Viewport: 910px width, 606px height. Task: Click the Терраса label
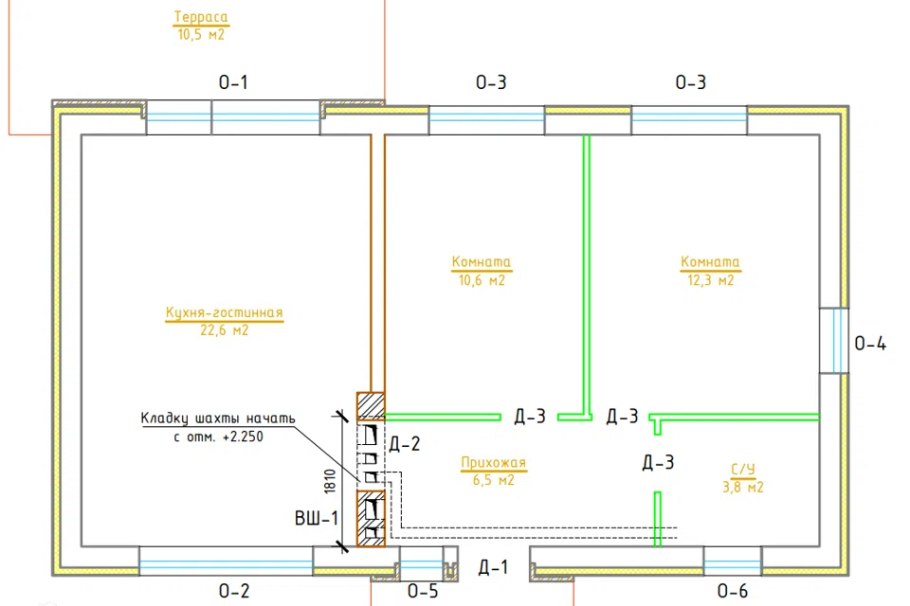point(201,17)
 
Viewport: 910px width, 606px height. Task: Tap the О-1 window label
point(233,82)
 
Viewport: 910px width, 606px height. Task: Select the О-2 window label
point(234,591)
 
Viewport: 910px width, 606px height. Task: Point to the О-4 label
point(870,344)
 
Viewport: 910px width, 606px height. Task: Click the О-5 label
point(423,591)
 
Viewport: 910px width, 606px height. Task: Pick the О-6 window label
point(733,591)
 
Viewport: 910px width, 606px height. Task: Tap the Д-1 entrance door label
point(493,567)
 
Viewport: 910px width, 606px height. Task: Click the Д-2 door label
point(405,444)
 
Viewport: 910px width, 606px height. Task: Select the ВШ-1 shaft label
point(317,518)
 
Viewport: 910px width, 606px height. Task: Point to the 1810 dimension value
point(330,481)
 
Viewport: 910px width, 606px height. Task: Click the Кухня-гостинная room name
point(224,312)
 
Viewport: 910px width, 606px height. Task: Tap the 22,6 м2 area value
point(225,330)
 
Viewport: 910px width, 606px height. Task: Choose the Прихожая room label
point(493,463)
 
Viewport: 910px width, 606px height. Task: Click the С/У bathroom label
point(743,469)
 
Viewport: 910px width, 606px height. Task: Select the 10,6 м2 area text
point(482,280)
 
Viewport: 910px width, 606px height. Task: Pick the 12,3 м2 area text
point(710,280)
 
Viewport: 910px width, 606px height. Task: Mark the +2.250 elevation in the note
point(243,437)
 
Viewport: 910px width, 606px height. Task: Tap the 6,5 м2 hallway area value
point(493,480)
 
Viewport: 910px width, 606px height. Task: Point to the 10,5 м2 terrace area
point(201,34)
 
